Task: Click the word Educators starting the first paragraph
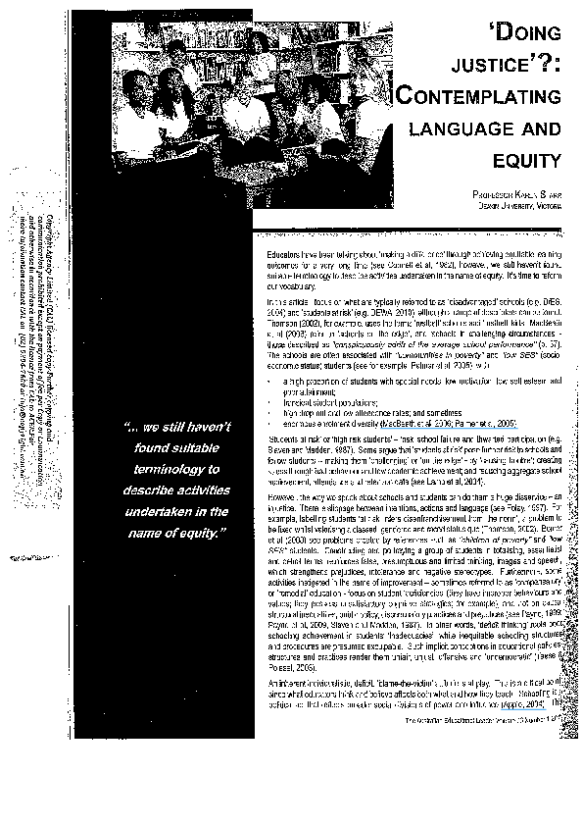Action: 283,253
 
